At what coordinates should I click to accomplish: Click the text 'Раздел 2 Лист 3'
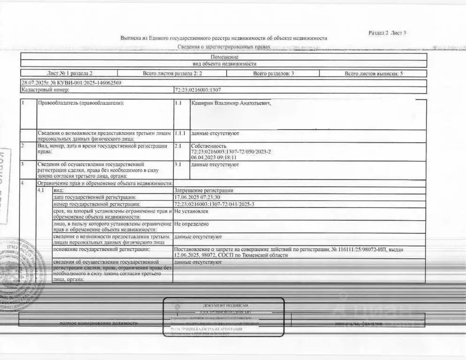(x=387, y=33)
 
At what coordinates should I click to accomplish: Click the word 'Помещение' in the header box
(x=224, y=57)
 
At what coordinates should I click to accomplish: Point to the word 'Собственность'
(x=209, y=146)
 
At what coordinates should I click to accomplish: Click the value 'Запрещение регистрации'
(x=204, y=191)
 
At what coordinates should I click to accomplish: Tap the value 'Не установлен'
(x=192, y=211)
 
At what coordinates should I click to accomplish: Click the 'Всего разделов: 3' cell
(x=274, y=74)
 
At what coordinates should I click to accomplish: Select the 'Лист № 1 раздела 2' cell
(x=69, y=74)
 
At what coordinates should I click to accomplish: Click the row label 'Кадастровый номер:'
(x=46, y=90)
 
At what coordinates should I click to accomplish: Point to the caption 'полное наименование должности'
(x=99, y=323)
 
